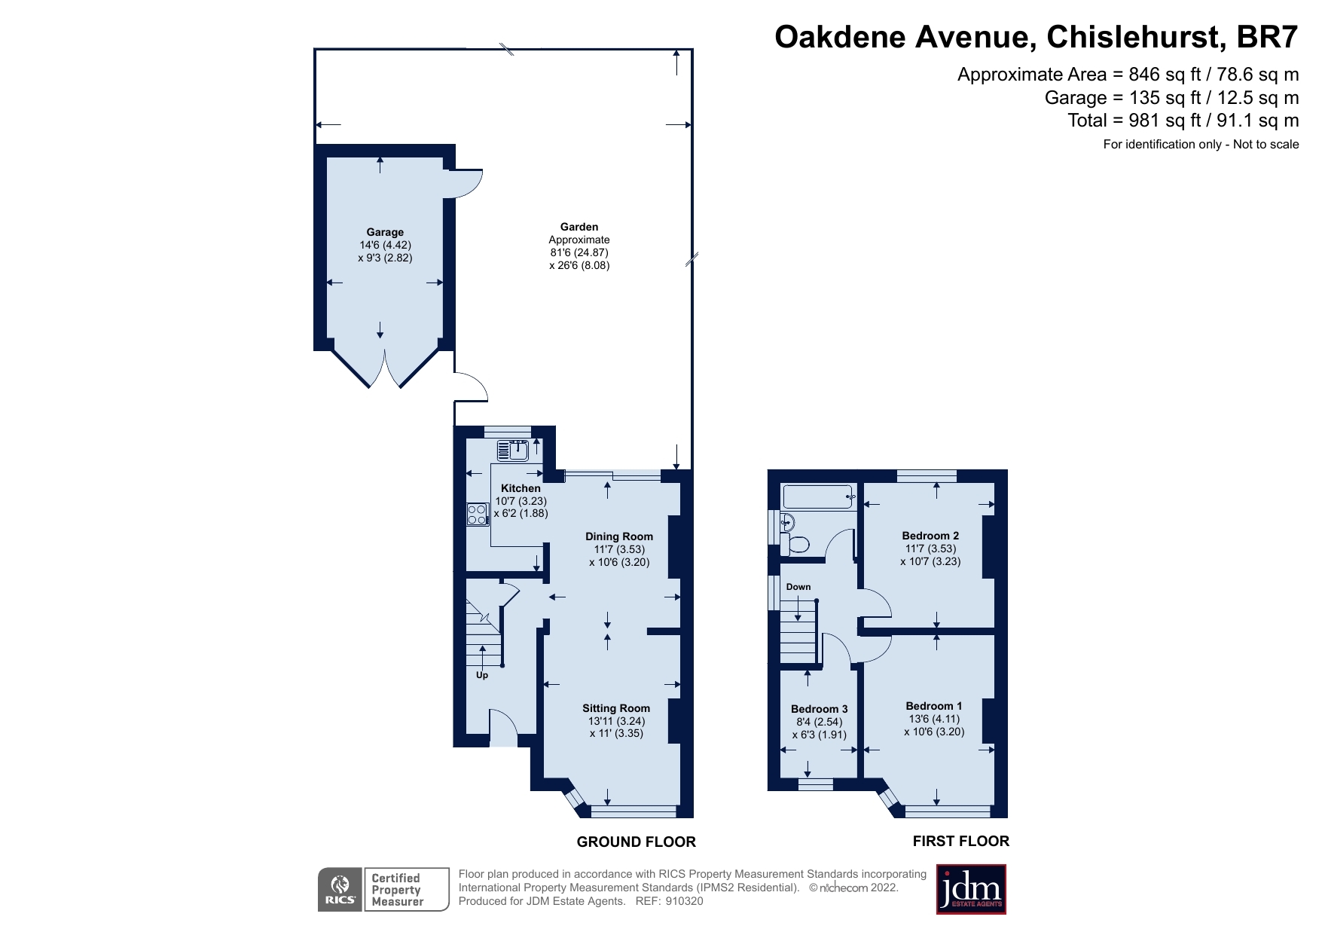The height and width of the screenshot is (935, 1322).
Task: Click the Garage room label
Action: point(385,232)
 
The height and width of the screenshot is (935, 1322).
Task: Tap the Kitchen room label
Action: point(521,488)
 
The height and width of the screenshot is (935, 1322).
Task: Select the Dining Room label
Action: point(619,536)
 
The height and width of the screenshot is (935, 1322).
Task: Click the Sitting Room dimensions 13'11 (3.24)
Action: point(616,721)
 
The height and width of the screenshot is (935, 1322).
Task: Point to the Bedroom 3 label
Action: point(819,709)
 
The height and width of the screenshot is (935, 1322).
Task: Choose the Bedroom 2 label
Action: point(930,536)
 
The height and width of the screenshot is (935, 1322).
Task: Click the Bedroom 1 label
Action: point(933,706)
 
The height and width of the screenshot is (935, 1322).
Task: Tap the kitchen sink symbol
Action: point(514,451)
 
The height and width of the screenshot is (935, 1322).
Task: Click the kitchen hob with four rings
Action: point(477,514)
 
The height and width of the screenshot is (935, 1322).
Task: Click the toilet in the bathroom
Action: point(797,543)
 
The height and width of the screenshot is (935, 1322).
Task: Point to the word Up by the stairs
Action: point(482,675)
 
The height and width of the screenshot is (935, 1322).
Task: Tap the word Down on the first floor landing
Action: point(798,587)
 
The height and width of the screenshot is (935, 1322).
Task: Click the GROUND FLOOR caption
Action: point(636,842)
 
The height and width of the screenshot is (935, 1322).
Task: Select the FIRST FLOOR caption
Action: point(960,841)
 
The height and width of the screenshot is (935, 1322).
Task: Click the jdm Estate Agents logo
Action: point(971,889)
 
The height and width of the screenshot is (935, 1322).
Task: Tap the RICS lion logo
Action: point(340,889)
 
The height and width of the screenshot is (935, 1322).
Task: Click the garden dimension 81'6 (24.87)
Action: point(579,252)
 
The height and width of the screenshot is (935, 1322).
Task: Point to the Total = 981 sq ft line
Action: point(1183,121)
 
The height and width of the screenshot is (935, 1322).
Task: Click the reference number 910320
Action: point(684,901)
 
